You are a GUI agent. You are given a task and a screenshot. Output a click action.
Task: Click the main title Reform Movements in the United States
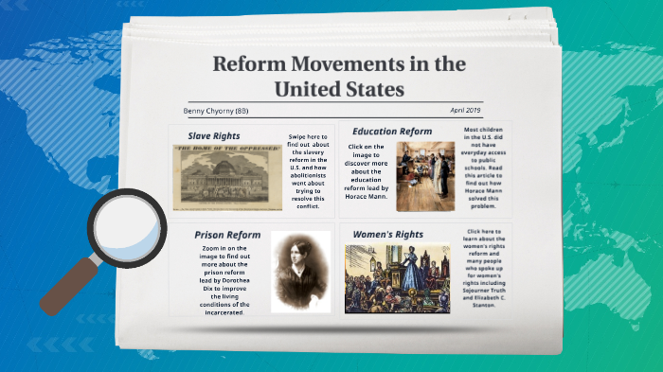click(338, 77)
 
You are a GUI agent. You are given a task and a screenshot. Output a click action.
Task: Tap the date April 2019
click(467, 110)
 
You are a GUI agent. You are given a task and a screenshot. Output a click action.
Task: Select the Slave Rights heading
click(213, 136)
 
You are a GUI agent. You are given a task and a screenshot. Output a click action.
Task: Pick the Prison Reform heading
click(227, 234)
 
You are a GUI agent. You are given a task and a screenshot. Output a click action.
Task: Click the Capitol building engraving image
click(227, 177)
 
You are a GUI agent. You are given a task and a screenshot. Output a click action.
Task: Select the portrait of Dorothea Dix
click(300, 271)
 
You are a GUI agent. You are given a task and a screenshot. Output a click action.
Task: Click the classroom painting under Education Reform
click(425, 176)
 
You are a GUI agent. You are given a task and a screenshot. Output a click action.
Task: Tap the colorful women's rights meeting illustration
click(397, 278)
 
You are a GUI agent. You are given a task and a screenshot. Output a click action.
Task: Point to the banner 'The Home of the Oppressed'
click(227, 150)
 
